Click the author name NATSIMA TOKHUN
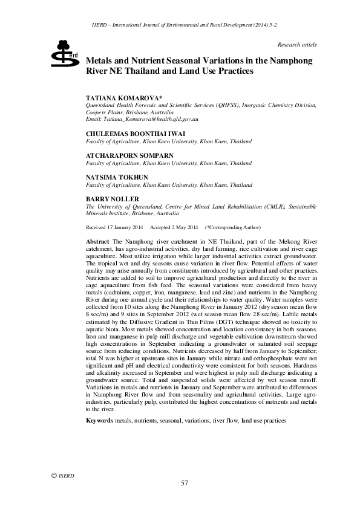[117, 177]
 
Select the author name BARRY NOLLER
[113, 199]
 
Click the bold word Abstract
[98, 241]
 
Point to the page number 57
[185, 482]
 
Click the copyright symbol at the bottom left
[53, 475]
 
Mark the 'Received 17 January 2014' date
[115, 227]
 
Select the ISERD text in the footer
[66, 476]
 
